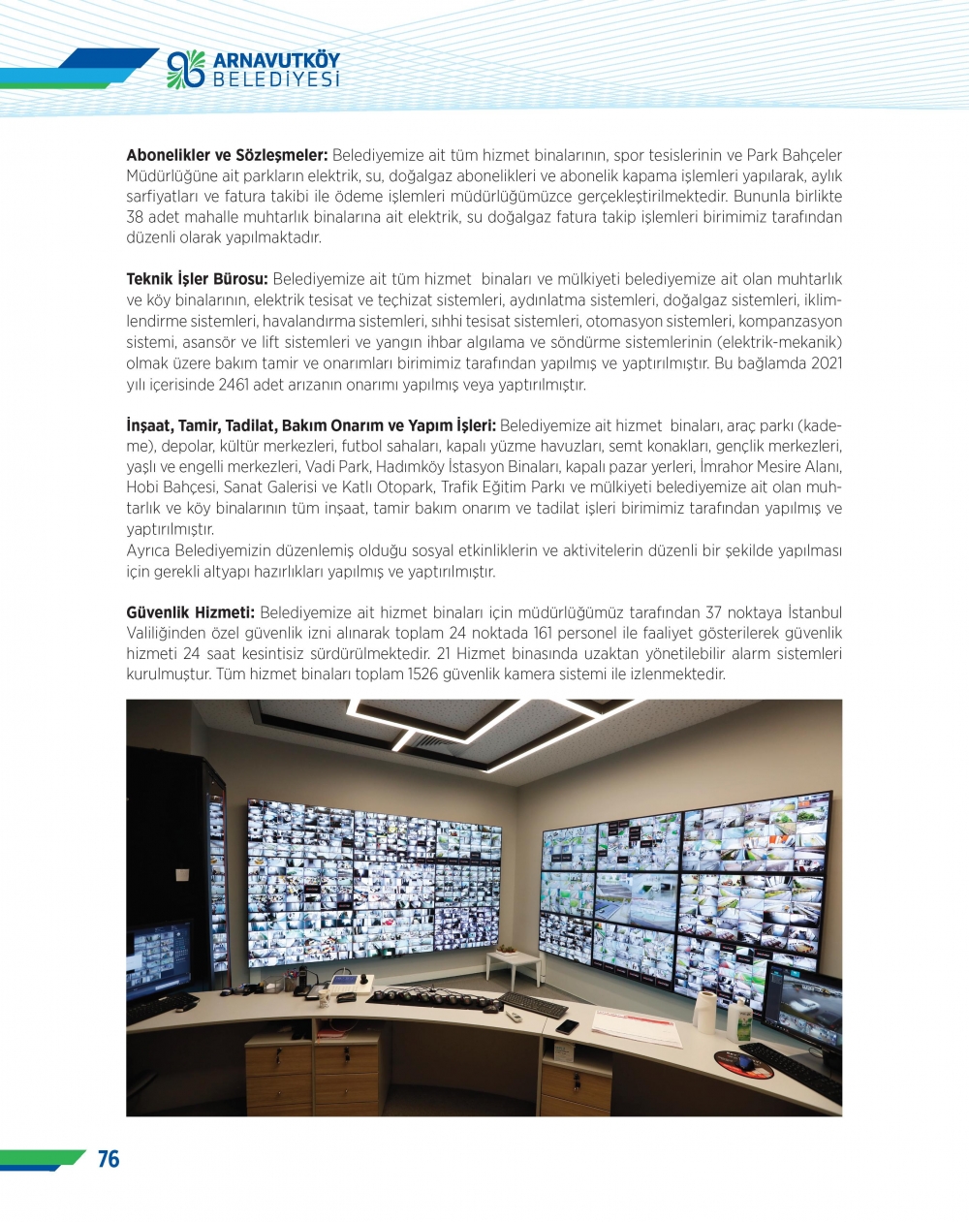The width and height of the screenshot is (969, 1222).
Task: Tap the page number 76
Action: tap(109, 1159)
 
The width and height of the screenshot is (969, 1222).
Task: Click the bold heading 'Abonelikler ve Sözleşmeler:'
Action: tap(227, 155)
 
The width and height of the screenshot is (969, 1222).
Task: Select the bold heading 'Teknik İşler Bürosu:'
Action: tap(197, 279)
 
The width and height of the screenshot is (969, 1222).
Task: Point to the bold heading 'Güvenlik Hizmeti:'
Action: tap(191, 612)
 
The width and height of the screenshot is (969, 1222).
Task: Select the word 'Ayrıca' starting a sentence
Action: tap(149, 550)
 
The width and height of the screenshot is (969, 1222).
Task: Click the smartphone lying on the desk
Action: tap(567, 1026)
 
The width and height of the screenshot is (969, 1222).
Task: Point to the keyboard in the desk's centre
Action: tap(532, 1004)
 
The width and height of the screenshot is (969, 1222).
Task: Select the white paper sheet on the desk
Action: tap(636, 1026)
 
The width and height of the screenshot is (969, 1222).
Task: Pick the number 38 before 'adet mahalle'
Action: tap(135, 217)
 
